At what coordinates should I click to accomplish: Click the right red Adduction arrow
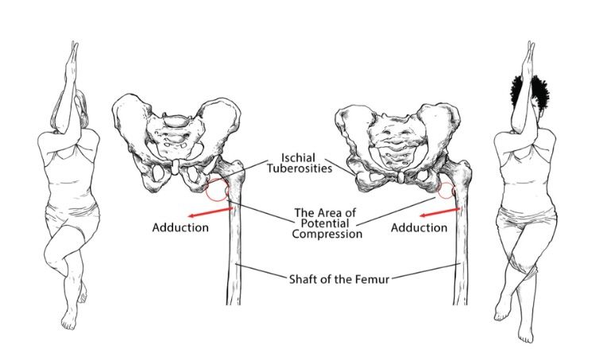440,212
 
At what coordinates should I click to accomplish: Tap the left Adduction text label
180,228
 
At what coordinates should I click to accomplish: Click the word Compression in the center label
327,234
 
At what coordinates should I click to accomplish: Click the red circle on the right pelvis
445,192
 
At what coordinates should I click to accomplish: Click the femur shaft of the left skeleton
235,254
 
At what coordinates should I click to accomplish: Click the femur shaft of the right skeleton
459,254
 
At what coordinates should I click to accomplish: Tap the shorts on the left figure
72,219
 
